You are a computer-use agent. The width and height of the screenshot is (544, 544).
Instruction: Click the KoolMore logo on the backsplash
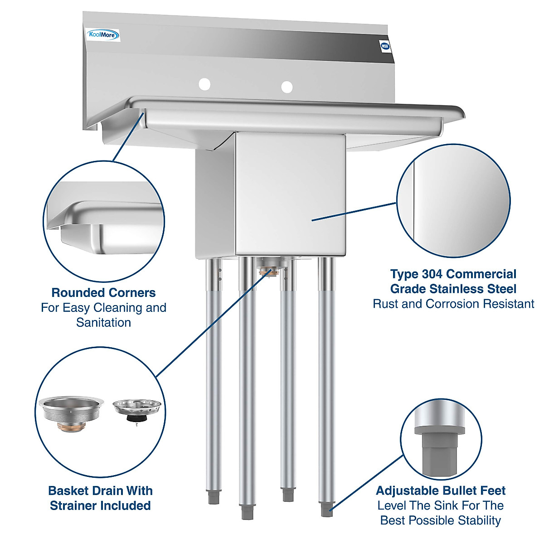103,35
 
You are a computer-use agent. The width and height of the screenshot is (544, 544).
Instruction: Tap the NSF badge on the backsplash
385,46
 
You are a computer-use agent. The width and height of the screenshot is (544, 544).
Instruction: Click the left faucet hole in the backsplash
205,84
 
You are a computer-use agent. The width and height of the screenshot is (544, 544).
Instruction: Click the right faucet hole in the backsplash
287,86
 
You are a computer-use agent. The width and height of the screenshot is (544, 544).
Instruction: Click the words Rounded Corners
103,293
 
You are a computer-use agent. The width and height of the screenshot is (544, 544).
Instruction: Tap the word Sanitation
103,323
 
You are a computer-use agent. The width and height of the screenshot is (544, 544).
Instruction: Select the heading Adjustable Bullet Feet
441,491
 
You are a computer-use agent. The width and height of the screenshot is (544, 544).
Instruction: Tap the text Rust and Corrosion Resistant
453,304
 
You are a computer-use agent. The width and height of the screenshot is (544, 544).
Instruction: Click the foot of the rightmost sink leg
326,509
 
